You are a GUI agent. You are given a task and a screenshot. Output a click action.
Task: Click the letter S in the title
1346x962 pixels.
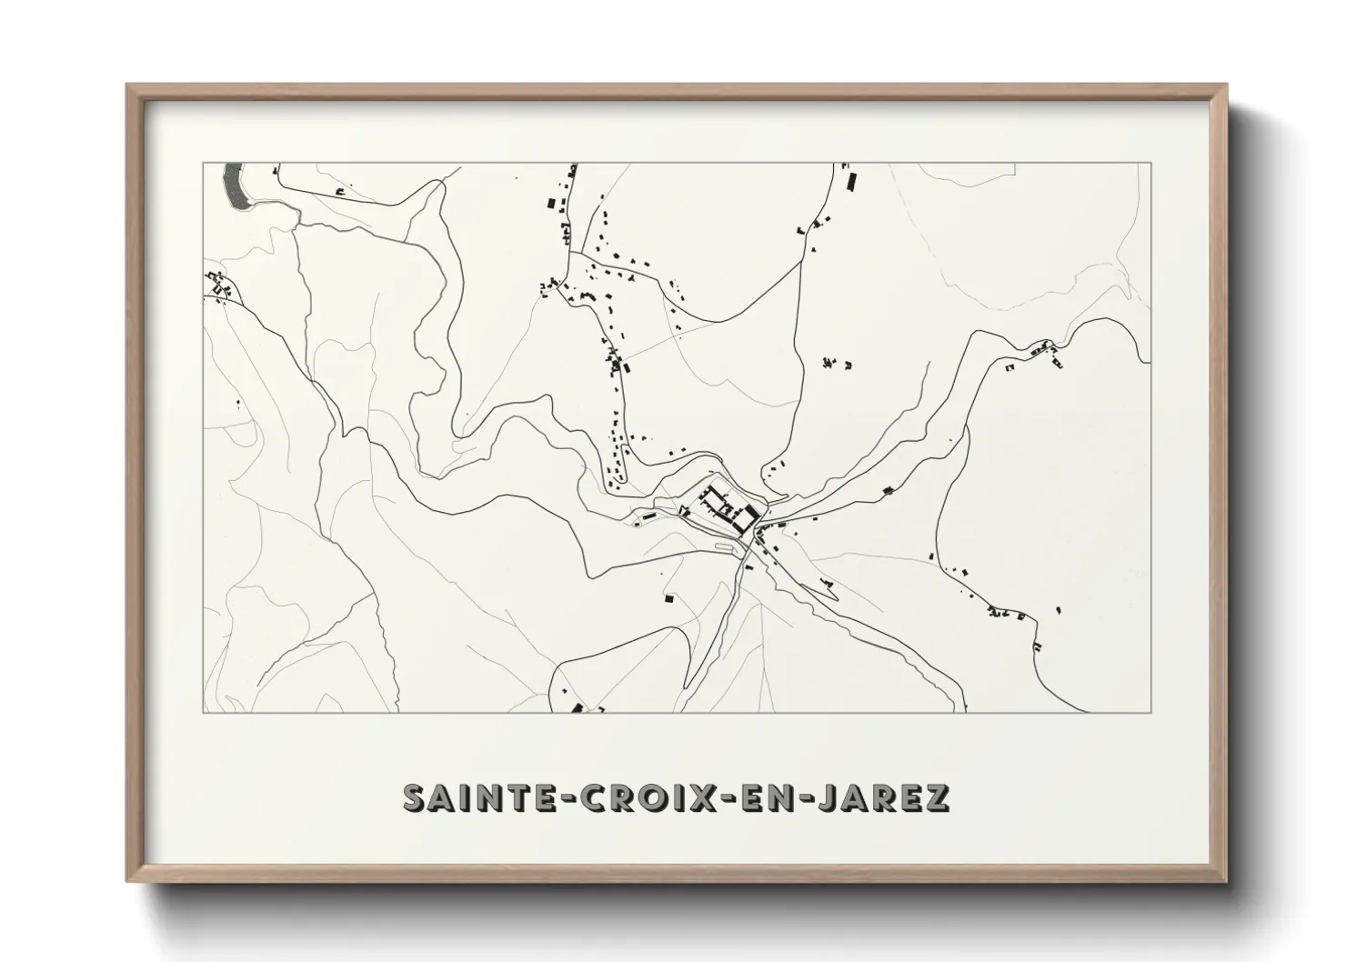[417, 797]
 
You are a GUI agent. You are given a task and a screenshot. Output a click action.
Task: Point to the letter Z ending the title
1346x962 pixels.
[937, 797]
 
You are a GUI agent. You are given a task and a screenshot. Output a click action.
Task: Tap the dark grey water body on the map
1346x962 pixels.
[235, 185]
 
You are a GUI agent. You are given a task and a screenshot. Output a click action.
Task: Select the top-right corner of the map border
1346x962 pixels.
[1151, 163]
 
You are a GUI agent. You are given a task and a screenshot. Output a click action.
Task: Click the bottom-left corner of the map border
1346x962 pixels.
[204, 712]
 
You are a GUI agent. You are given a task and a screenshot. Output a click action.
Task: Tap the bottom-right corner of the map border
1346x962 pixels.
[1151, 712]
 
